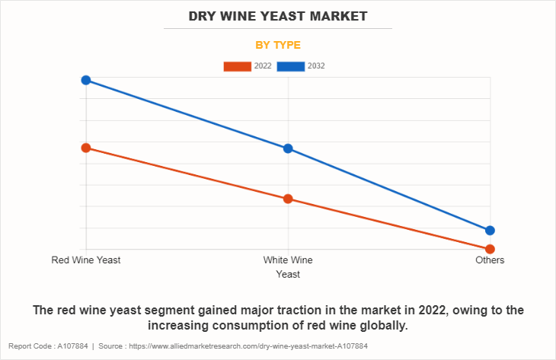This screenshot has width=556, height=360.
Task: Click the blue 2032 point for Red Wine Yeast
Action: (86, 80)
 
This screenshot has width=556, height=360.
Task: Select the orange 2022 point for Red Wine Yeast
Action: (86, 148)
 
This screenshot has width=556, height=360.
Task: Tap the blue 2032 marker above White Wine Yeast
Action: (288, 148)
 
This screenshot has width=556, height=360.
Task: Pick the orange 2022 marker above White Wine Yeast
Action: (288, 199)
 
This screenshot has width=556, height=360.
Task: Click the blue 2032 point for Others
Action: (490, 231)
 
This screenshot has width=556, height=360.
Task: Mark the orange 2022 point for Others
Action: (490, 249)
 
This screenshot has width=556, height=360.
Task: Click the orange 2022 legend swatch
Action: (237, 66)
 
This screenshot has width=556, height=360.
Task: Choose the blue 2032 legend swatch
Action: (291, 66)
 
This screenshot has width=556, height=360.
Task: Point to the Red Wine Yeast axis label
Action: (86, 260)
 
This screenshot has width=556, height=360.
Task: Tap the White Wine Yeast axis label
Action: (288, 266)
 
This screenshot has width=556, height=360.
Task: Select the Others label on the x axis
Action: (490, 260)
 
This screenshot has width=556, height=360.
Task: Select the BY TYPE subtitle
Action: (277, 45)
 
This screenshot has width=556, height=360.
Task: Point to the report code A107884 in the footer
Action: (68, 346)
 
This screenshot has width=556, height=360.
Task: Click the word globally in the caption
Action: (385, 326)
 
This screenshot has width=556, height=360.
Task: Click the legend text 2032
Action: (316, 66)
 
